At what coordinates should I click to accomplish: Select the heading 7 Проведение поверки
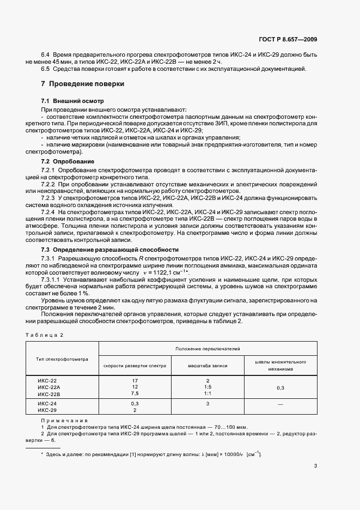pyautogui.click(x=82, y=84)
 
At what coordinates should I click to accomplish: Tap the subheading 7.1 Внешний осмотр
pyautogui.click(x=72, y=102)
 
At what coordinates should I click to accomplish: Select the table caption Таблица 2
pyautogui.click(x=44, y=335)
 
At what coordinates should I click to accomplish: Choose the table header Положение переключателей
pyautogui.click(x=208, y=348)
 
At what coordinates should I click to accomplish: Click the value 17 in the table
pyautogui.click(x=135, y=381)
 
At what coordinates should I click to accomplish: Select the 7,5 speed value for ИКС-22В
pyautogui.click(x=135, y=393)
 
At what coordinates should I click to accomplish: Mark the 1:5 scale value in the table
pyautogui.click(x=208, y=387)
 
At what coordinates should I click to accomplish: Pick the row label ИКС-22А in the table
pyautogui.click(x=48, y=387)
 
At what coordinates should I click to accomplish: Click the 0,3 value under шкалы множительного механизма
pyautogui.click(x=280, y=387)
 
